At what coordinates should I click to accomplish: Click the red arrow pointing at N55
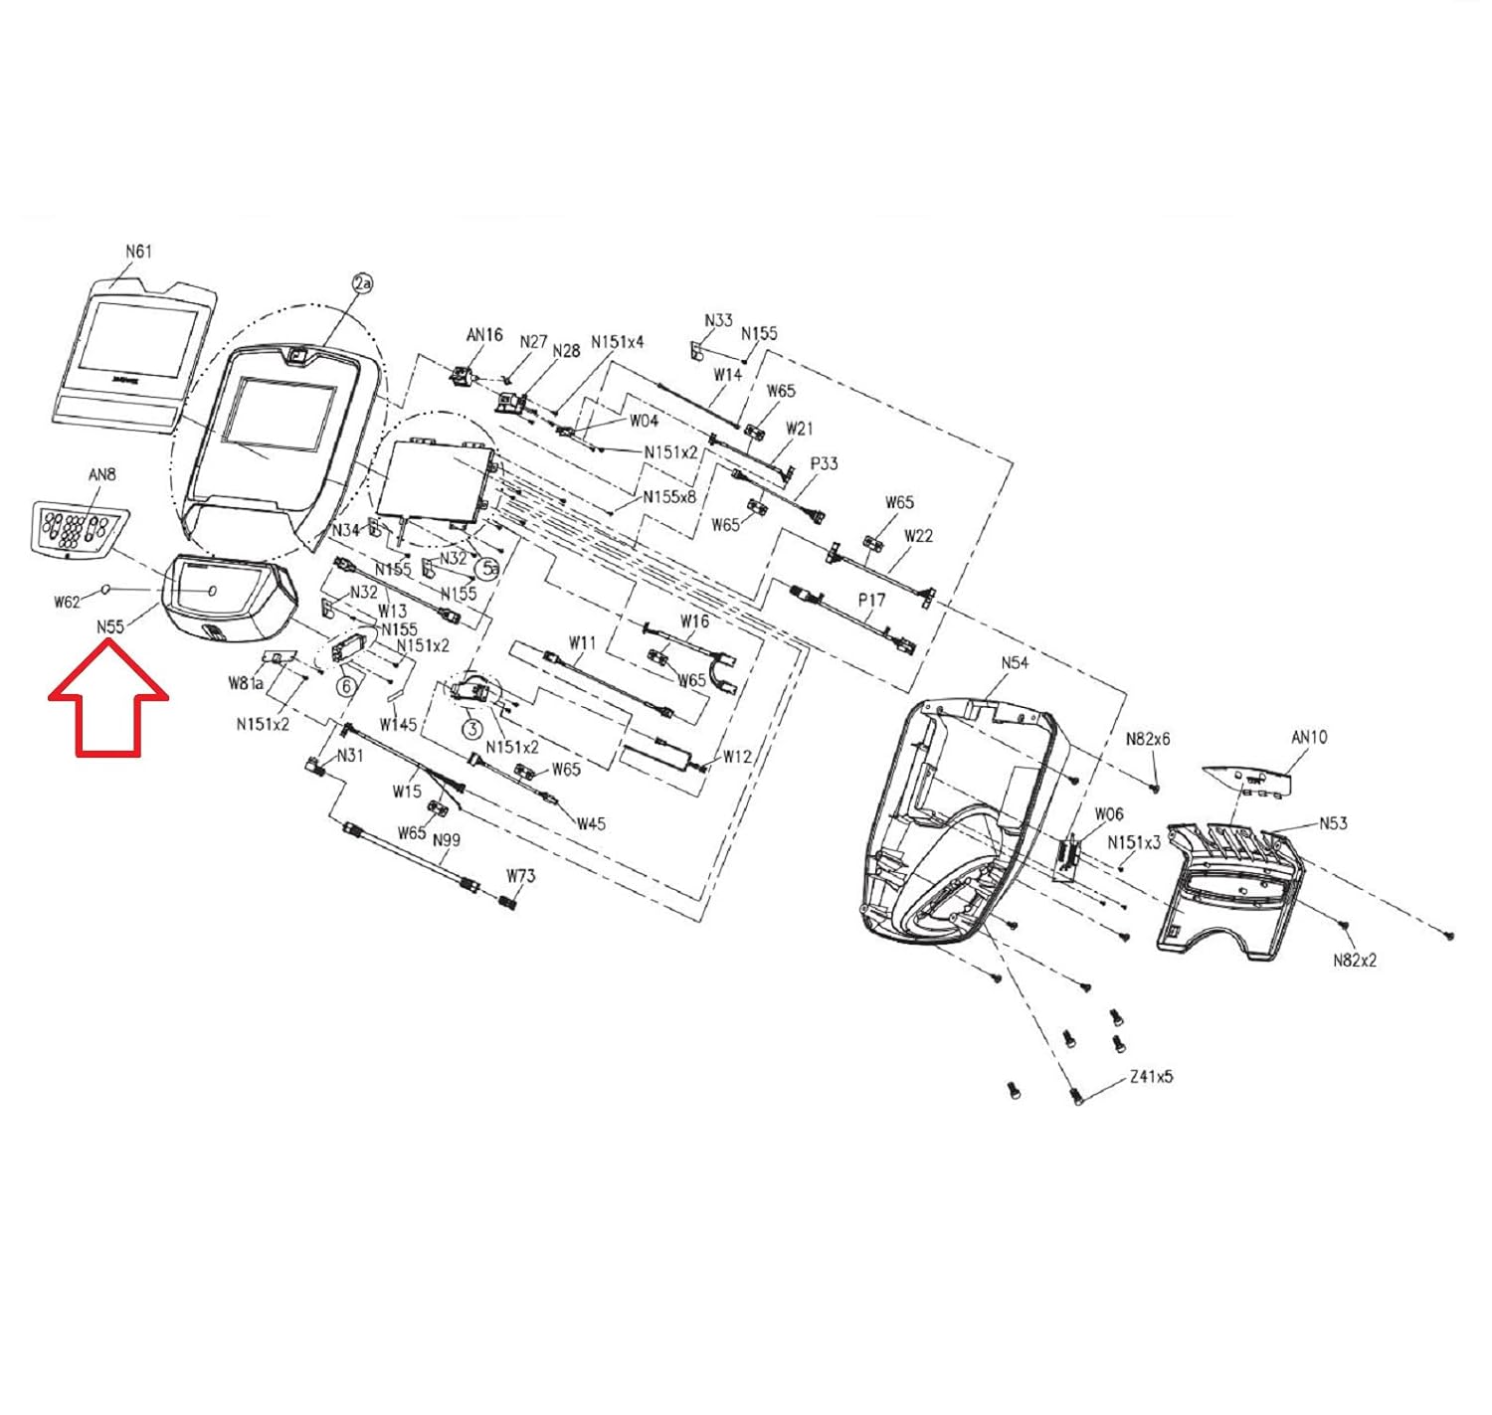[x=108, y=696]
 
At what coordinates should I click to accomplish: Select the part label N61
[x=138, y=252]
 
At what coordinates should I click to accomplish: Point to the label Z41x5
[x=1151, y=1077]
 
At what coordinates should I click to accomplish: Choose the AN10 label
[x=1309, y=738]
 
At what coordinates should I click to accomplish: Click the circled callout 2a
[x=363, y=283]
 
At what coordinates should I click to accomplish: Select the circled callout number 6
[x=346, y=686]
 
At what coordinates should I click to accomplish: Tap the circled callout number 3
[x=472, y=729]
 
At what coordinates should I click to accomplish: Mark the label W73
[x=520, y=876]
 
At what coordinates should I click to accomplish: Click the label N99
[x=447, y=840]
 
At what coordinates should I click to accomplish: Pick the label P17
[x=871, y=601]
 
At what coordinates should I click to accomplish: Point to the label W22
[x=918, y=536]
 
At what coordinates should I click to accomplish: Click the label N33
[x=718, y=320]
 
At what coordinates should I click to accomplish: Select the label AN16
[x=484, y=335]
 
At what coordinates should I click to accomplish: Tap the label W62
[x=67, y=602]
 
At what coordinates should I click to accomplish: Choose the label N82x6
[x=1148, y=740]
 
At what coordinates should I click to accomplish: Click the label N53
[x=1333, y=823]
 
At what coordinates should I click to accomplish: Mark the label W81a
[x=246, y=683]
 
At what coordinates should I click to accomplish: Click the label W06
[x=1109, y=814]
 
